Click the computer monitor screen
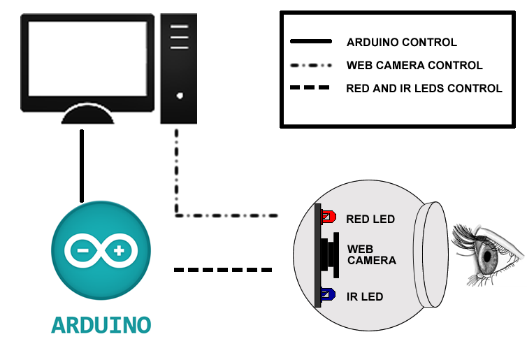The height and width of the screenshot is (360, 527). (x=87, y=59)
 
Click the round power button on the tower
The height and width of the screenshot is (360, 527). (x=180, y=96)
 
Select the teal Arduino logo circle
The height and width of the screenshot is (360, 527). (x=101, y=251)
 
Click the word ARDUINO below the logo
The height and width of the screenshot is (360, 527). (x=101, y=325)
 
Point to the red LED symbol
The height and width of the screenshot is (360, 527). (x=328, y=217)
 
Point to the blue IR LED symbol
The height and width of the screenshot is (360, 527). (x=328, y=296)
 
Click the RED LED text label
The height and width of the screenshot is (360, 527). (x=370, y=219)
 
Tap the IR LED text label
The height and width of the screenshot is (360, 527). (x=365, y=297)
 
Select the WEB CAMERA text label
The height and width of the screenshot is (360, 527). (x=371, y=255)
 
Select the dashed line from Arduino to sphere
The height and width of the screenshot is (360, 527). (x=222, y=269)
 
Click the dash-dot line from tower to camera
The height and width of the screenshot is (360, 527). (x=224, y=215)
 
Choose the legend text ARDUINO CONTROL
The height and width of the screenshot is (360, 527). (x=401, y=43)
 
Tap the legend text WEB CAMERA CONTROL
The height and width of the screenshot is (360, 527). (x=414, y=66)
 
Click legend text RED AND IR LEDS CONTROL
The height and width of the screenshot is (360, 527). (x=424, y=89)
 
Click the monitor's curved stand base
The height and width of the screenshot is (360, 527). (x=87, y=115)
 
